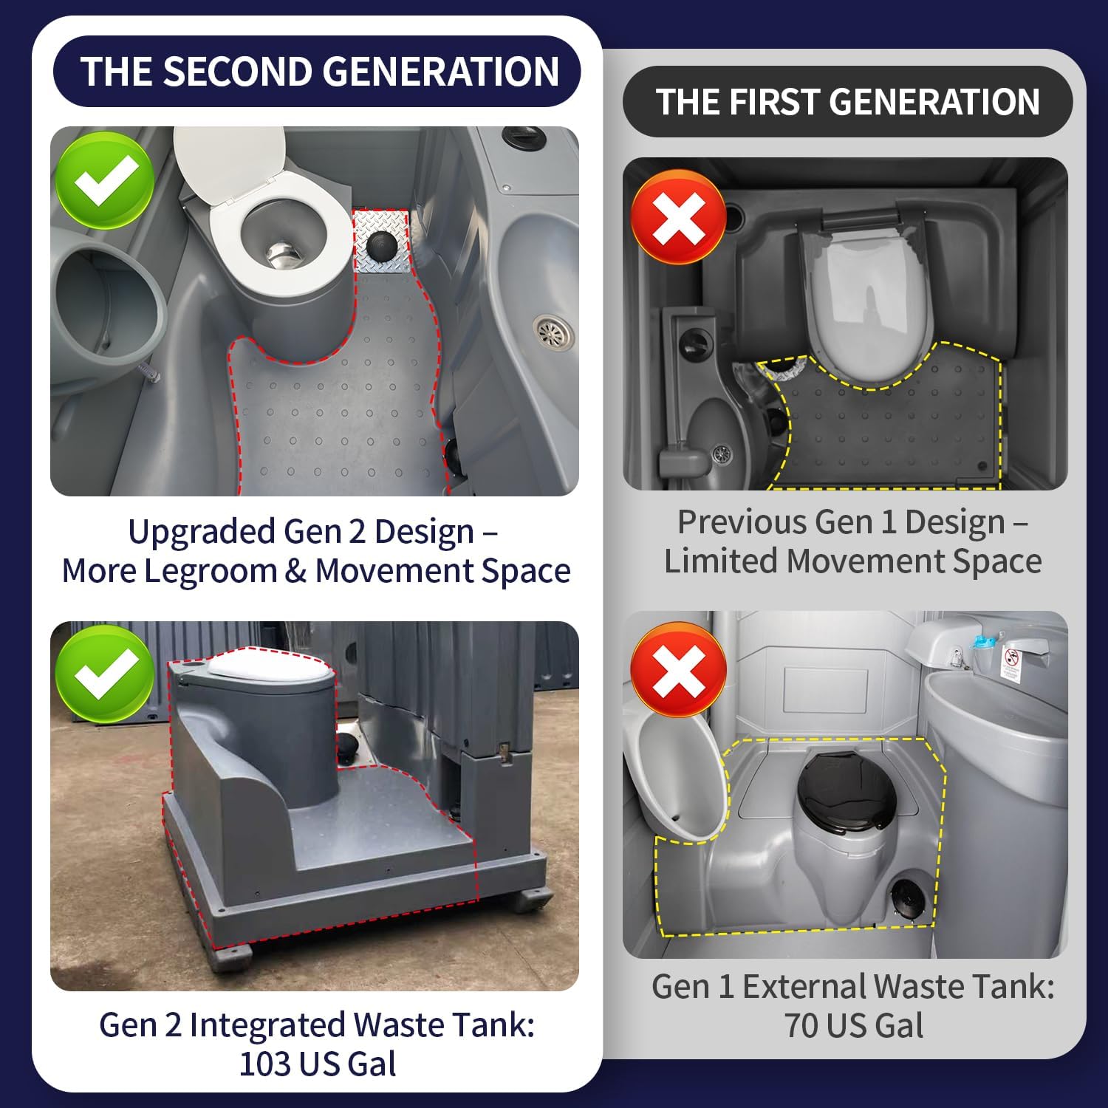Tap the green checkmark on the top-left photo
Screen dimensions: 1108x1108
[x=105, y=180]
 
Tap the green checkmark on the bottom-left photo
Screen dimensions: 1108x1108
[x=105, y=674]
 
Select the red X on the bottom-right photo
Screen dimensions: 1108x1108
[x=678, y=669]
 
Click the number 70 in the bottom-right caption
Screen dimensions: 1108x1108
[x=801, y=1025]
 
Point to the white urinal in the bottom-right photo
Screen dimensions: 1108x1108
[x=672, y=776]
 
